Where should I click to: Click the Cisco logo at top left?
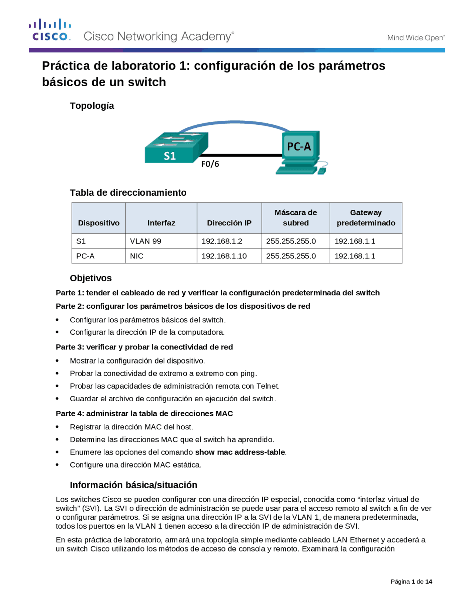[x=50, y=30]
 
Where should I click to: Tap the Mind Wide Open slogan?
[x=415, y=37]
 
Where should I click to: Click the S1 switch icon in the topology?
[x=176, y=148]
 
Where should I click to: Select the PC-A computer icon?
[x=300, y=152]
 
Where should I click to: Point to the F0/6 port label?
[x=210, y=164]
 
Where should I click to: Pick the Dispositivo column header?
[x=99, y=223]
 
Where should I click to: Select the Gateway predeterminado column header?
[x=365, y=218]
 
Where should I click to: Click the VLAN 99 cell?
[x=146, y=241]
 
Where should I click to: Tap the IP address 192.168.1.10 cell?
[x=224, y=256]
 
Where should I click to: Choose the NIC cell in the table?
[x=137, y=256]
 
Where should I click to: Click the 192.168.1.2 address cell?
[x=221, y=241]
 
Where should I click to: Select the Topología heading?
[x=92, y=106]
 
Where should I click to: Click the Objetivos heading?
[x=91, y=278]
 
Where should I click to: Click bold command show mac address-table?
[x=240, y=452]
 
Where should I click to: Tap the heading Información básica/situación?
[x=133, y=485]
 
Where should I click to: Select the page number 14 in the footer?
[x=428, y=582]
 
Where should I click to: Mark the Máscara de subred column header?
[x=296, y=218]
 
